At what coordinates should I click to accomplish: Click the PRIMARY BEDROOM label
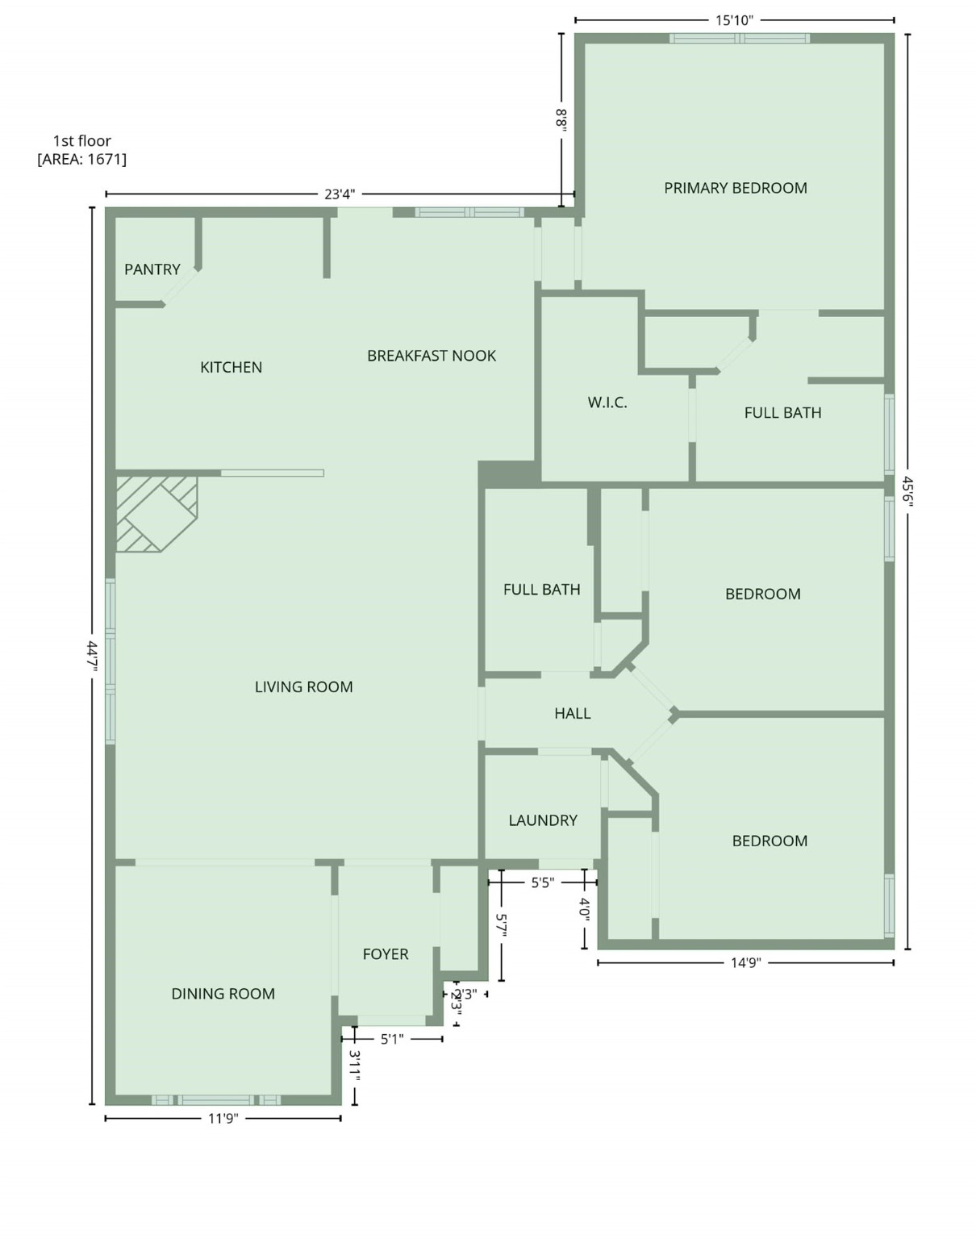point(735,188)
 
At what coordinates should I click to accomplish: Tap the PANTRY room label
point(152,269)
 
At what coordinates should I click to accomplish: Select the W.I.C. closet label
point(607,403)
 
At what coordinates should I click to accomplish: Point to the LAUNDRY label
point(543,820)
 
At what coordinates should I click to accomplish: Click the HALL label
point(572,713)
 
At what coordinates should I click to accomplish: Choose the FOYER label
point(386,954)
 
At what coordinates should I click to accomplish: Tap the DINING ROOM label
point(223,994)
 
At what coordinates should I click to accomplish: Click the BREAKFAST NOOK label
point(432,356)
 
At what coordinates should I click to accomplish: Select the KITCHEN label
point(231,367)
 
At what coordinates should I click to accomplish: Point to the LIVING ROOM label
point(303,687)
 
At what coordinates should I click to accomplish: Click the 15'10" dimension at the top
point(734,20)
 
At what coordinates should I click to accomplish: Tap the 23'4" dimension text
point(340,194)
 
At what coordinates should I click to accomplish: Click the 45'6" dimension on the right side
point(907,490)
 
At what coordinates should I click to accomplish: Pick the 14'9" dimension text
point(746,962)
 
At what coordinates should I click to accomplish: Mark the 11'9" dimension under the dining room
point(223,1118)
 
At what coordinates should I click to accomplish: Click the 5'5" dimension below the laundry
point(542,882)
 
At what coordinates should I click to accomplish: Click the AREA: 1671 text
point(81,159)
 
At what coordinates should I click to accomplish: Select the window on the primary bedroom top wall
point(739,38)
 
